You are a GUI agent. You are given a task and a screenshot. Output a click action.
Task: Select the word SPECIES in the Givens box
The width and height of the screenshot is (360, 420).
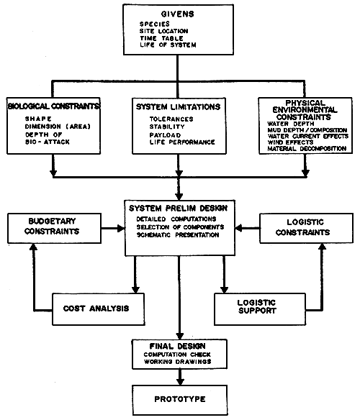[x=156, y=23]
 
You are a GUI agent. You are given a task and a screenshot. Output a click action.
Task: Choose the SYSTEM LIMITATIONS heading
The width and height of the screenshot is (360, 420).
[x=178, y=106]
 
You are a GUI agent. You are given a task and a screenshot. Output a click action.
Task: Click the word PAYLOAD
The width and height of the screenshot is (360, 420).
[x=166, y=134]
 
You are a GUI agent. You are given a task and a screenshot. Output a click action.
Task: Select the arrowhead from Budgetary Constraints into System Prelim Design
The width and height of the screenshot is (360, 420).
[x=120, y=229]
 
